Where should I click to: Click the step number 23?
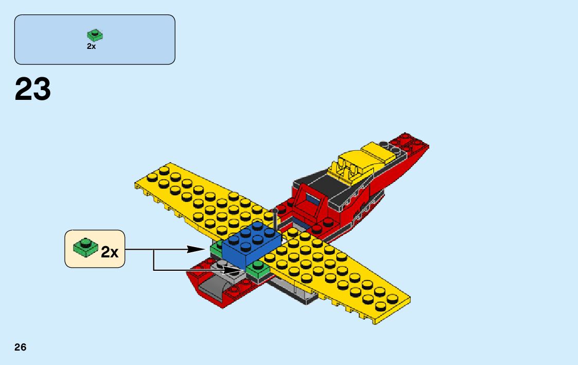click(x=33, y=90)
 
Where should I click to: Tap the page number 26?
click(x=21, y=347)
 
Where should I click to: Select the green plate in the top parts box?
click(x=95, y=36)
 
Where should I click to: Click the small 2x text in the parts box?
click(x=91, y=46)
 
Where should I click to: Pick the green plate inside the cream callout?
click(x=85, y=248)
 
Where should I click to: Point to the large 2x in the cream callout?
click(x=110, y=252)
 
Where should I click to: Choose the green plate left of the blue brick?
click(x=217, y=248)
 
